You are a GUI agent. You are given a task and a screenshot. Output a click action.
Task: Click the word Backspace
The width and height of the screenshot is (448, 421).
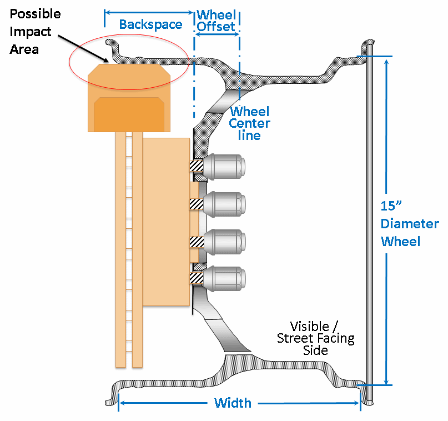coord(150,24)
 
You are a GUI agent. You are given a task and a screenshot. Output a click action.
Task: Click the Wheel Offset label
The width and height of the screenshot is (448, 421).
coord(216,20)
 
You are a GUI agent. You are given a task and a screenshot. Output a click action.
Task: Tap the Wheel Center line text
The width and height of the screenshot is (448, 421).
coord(250,123)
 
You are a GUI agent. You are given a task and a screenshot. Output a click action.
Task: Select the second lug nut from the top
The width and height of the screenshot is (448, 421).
coord(225,204)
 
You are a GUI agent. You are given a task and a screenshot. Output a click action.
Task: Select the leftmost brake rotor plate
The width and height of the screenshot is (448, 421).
coord(120,250)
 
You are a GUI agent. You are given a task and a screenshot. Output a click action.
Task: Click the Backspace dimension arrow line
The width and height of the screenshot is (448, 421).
coord(149,11)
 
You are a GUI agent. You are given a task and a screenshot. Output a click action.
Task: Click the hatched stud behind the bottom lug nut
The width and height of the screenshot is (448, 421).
coord(197,278)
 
